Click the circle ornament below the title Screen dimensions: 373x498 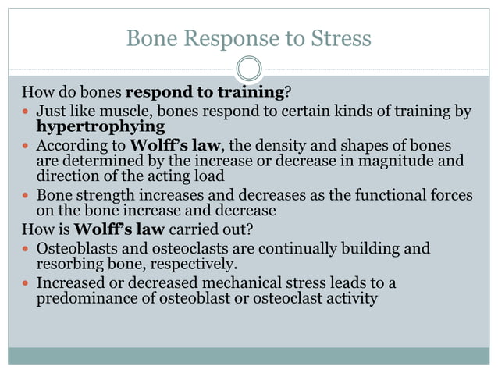point(248,68)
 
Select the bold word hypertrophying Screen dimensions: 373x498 point(101,126)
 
